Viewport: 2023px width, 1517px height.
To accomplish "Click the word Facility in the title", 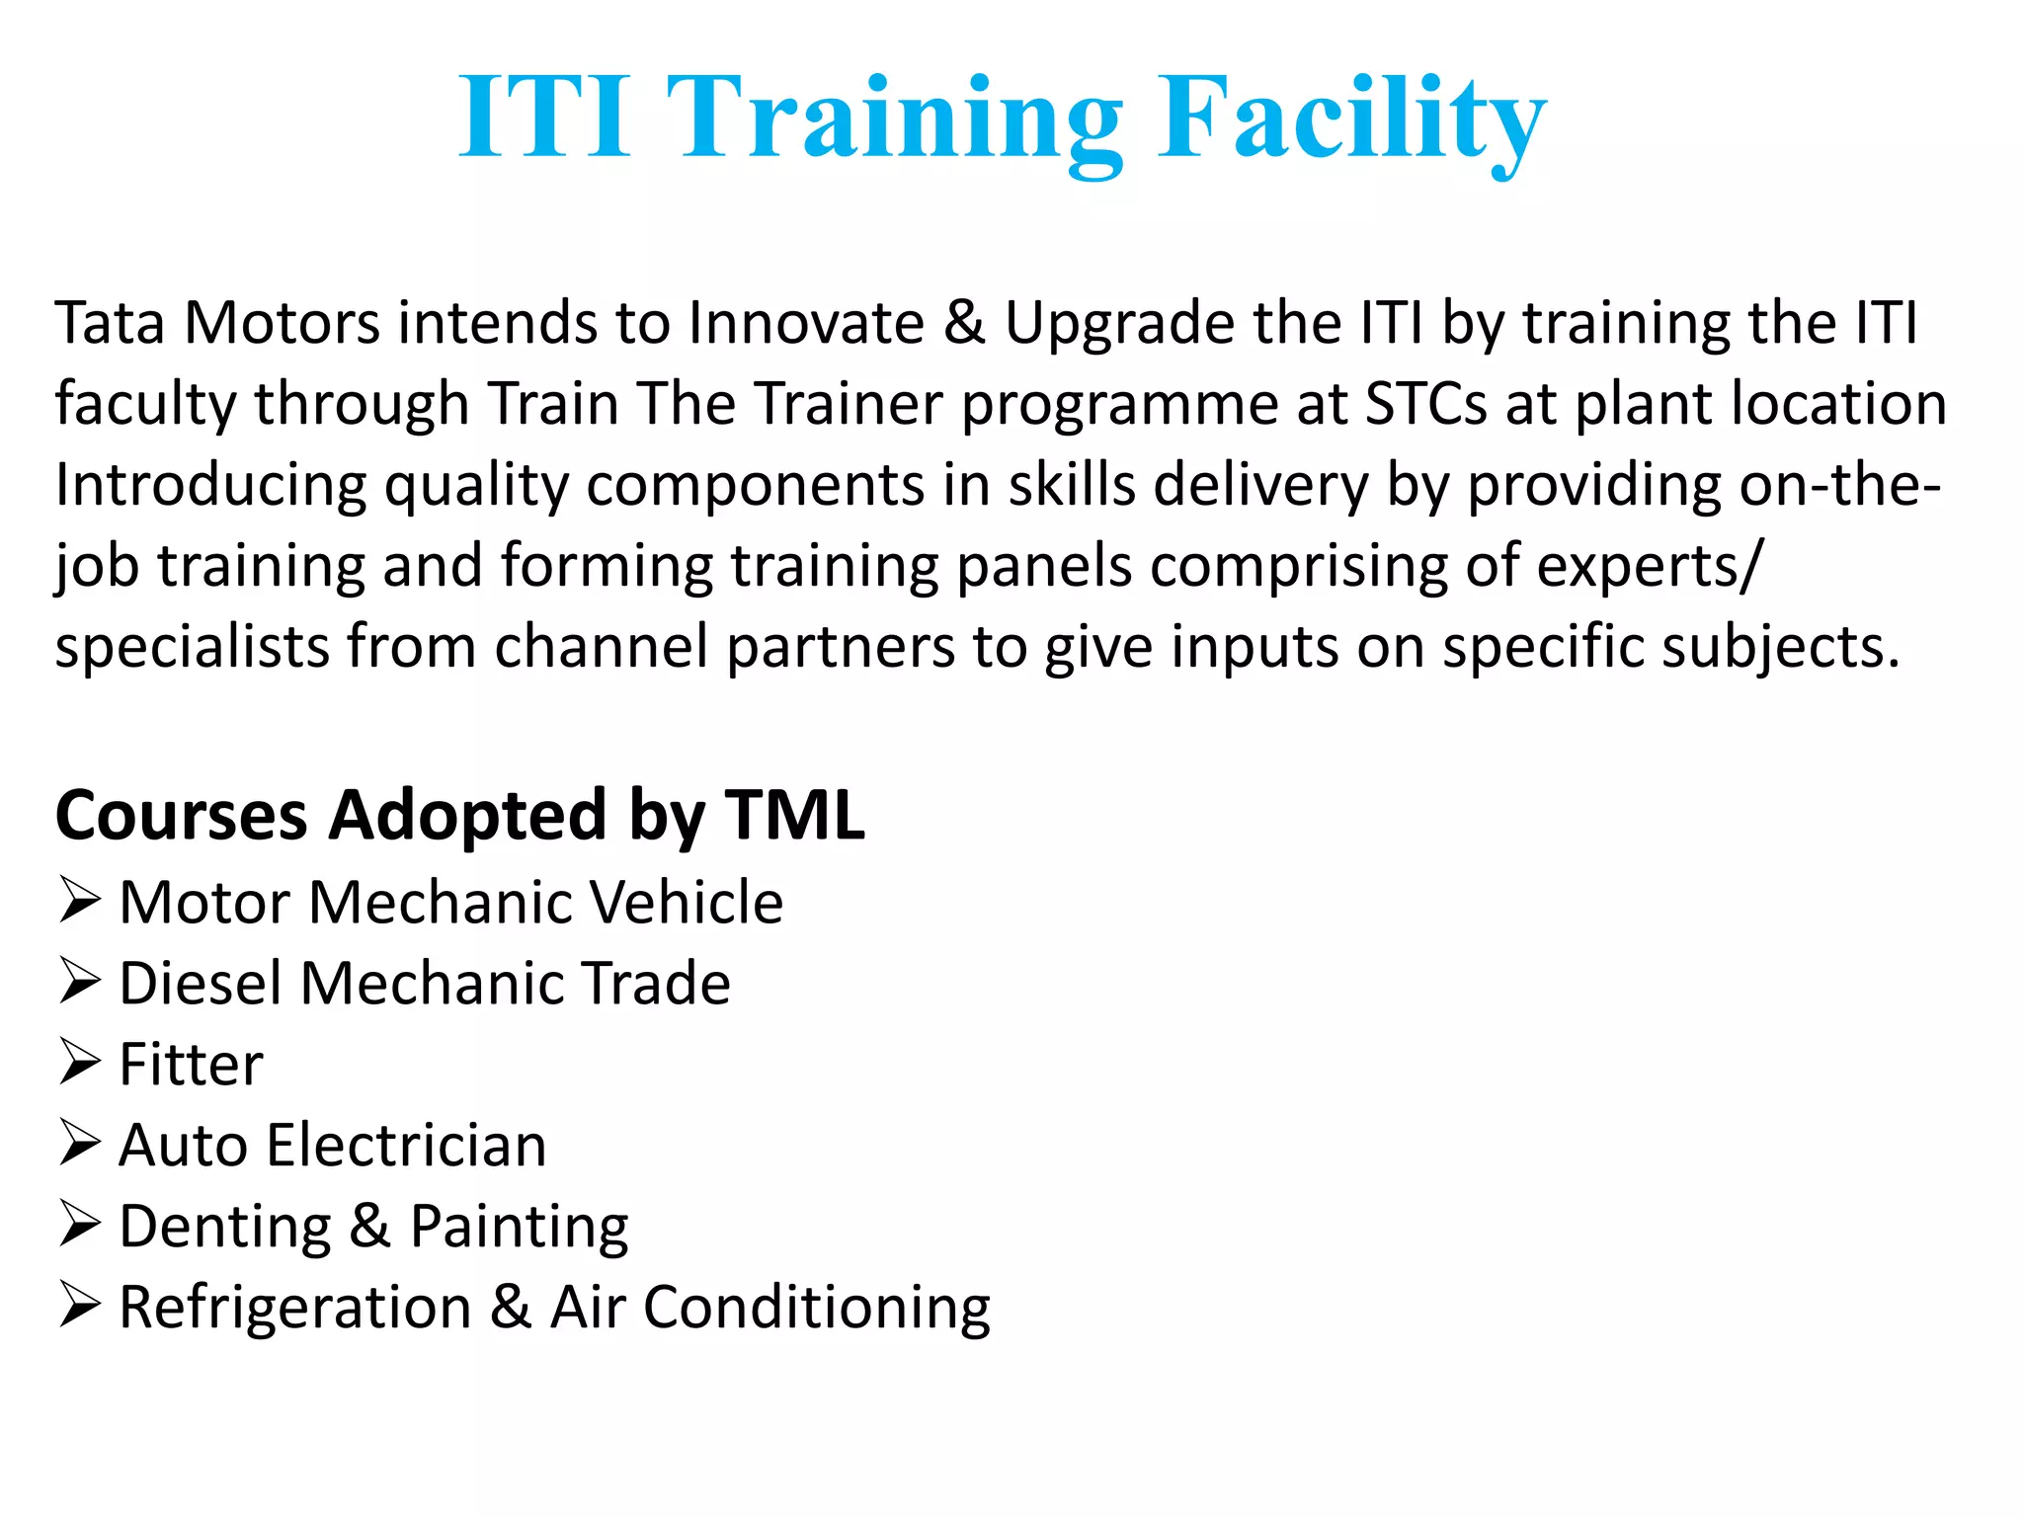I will pos(1350,119).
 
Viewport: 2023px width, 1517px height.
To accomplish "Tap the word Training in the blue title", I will pos(895,119).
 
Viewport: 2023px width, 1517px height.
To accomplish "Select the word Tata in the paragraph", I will pos(110,323).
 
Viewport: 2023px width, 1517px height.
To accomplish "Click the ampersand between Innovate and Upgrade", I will pos(964,323).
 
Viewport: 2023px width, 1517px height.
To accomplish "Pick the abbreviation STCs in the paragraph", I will pos(1425,404).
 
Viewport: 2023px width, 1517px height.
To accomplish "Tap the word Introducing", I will pos(210,486).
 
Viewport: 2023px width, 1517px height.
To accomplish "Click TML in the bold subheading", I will pos(794,816).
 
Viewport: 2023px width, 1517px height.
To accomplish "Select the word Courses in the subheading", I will pos(182,816).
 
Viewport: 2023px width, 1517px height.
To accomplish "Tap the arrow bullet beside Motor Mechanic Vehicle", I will pos(79,900).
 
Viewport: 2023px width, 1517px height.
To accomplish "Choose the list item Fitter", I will pos(191,1065).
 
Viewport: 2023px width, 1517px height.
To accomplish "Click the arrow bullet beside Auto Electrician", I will pos(79,1143).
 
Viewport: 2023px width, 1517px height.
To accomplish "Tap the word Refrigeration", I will pos(295,1308).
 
